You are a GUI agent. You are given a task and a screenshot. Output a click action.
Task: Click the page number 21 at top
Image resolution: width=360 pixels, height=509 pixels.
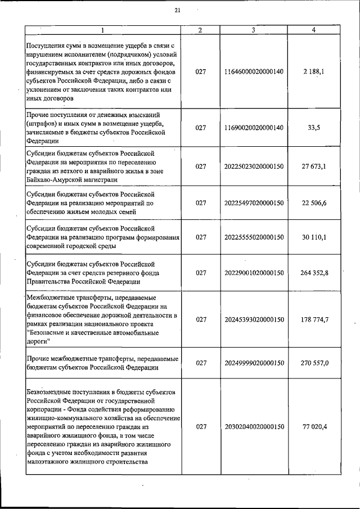(177, 10)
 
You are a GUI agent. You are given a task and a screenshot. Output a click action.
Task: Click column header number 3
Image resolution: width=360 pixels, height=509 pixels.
(254, 29)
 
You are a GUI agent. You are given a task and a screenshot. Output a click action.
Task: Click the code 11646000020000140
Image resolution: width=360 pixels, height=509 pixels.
(254, 72)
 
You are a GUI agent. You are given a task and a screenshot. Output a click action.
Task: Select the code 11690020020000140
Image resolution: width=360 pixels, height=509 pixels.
(254, 128)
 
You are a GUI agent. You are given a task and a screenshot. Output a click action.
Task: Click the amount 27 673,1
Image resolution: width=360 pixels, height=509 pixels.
(314, 166)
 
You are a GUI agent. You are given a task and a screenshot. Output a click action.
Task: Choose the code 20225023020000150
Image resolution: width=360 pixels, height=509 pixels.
(254, 166)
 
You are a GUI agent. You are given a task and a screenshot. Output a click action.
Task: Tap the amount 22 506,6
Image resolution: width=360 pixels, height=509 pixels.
(314, 202)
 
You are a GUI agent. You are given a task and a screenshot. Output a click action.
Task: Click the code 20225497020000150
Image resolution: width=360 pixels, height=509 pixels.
(254, 202)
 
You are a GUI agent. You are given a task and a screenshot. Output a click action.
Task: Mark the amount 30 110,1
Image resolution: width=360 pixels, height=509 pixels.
(314, 237)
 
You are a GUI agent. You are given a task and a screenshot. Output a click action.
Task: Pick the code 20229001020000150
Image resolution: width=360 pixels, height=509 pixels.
(254, 273)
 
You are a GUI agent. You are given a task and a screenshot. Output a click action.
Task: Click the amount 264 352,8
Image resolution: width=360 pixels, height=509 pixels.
(314, 273)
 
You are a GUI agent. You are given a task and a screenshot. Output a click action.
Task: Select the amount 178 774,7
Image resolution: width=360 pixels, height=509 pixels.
(314, 319)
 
